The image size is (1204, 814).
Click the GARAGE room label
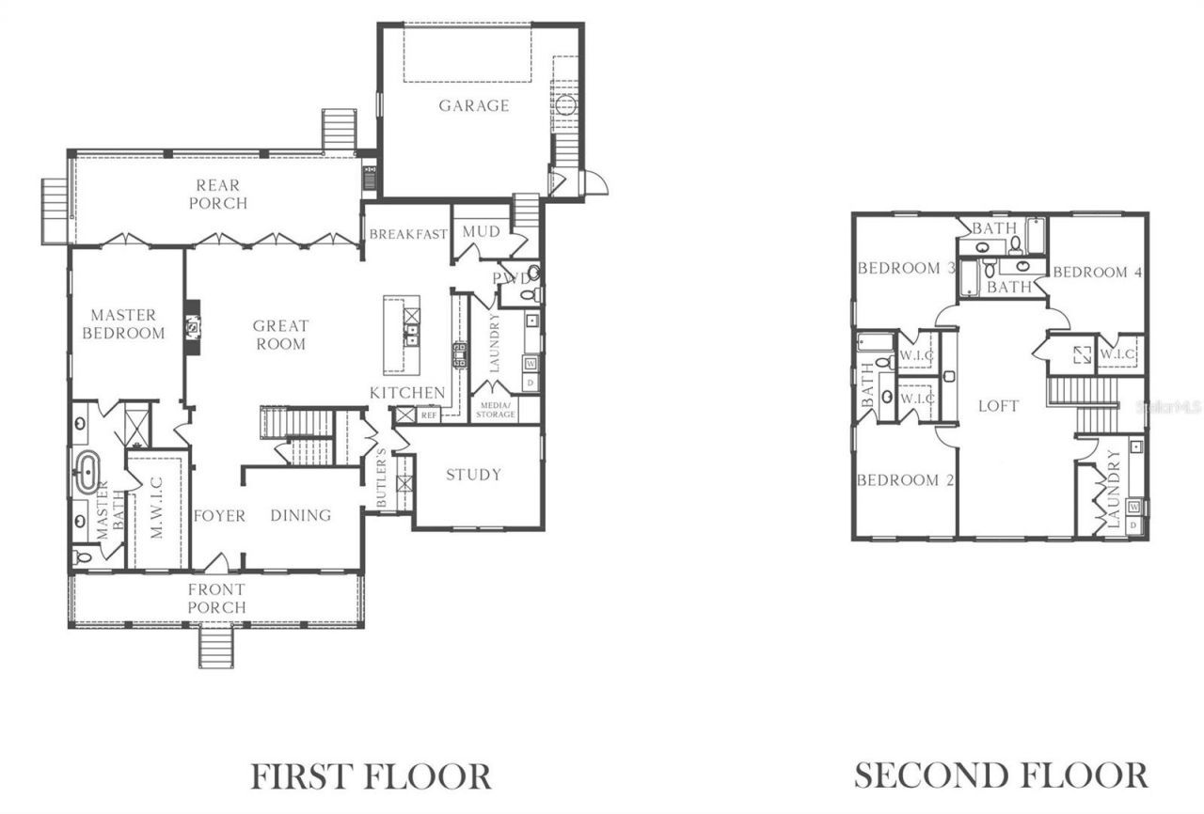point(473,105)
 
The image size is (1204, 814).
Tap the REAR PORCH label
point(218,195)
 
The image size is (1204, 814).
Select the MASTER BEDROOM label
point(123,324)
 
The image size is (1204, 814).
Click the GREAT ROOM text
point(280,335)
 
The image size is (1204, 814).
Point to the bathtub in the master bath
point(87,473)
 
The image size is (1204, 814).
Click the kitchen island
point(402,334)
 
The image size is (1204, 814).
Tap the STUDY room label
point(473,475)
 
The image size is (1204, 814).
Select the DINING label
point(301,515)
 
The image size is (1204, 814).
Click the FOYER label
point(219,515)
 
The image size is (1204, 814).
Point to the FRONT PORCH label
point(215,598)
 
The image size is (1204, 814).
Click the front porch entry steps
point(215,648)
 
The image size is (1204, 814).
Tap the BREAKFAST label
point(406,234)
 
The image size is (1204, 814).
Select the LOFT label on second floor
point(998,406)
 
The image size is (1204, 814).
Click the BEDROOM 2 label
point(905,480)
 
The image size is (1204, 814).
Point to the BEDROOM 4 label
point(1097,273)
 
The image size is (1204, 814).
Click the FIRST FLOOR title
point(371,776)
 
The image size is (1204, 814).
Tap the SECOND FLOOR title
point(1000,776)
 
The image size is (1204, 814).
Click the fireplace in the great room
point(194,327)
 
